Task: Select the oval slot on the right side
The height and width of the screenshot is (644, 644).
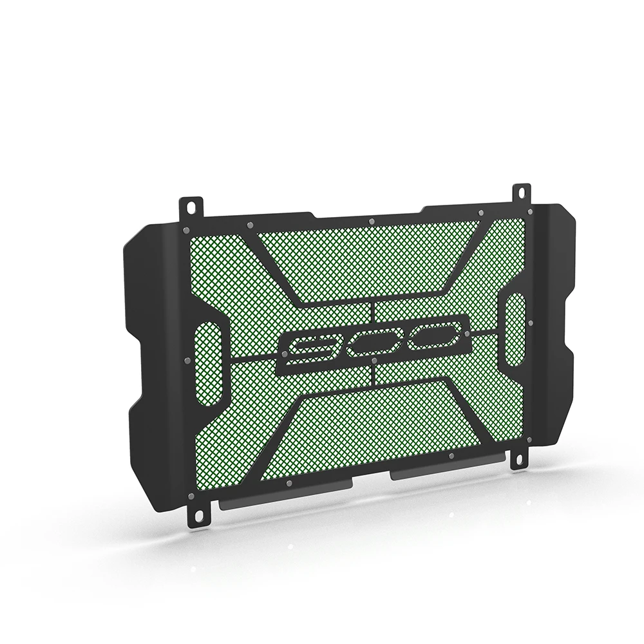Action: point(515,329)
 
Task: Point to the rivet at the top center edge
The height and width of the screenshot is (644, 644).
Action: point(372,222)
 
